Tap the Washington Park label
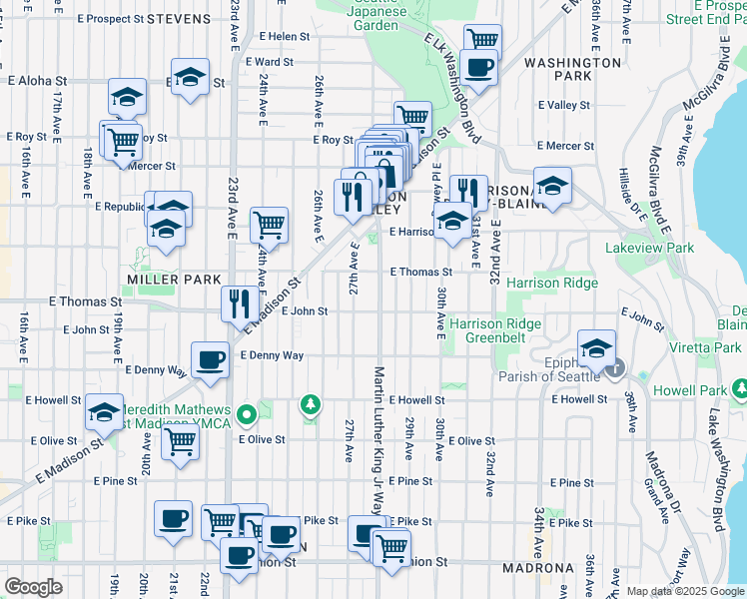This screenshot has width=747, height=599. [572, 69]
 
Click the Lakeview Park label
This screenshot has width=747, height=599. [648, 248]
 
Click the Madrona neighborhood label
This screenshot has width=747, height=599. [539, 568]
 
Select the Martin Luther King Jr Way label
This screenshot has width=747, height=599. [379, 439]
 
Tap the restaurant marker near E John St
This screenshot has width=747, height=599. [238, 302]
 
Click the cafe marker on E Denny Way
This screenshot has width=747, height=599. [210, 359]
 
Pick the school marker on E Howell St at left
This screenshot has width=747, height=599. [104, 411]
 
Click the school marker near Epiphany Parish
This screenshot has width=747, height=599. [596, 347]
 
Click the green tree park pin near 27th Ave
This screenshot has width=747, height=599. [311, 404]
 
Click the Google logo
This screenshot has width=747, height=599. [33, 587]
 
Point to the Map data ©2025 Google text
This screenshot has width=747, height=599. [685, 591]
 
